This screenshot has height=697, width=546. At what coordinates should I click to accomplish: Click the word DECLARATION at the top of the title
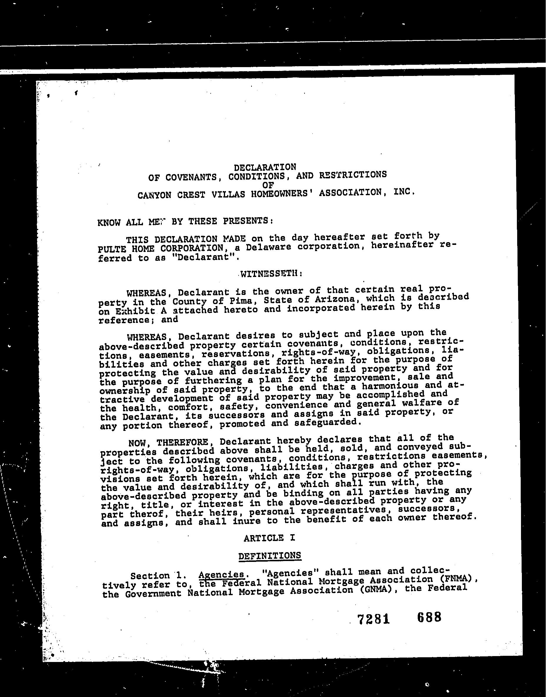tap(265, 167)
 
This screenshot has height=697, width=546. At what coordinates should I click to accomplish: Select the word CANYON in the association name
tap(154, 195)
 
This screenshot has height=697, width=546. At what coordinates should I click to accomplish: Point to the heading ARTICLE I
tap(269, 538)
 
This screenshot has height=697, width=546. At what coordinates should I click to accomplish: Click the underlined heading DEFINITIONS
tap(269, 556)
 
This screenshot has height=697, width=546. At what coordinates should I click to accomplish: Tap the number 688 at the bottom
tap(429, 617)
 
